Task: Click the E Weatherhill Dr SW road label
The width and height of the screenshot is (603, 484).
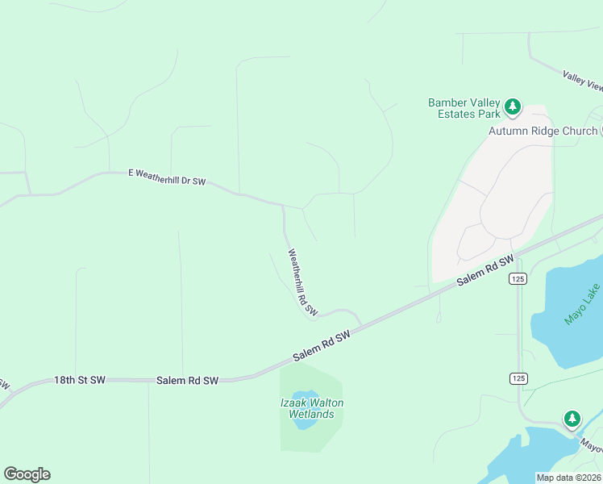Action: click(x=167, y=177)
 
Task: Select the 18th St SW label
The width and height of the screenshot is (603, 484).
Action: click(x=80, y=379)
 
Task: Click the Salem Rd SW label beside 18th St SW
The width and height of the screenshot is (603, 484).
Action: click(x=187, y=380)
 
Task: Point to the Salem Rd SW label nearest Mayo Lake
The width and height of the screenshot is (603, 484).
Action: click(x=485, y=271)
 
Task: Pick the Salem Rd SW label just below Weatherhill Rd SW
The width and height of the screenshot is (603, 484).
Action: click(x=322, y=346)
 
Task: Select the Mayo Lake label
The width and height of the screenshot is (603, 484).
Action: click(x=582, y=304)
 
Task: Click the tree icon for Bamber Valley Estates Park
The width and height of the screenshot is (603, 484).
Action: click(x=512, y=106)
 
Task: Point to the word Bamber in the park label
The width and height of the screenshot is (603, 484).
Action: click(x=447, y=102)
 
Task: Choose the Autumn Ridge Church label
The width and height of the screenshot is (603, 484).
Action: click(x=543, y=131)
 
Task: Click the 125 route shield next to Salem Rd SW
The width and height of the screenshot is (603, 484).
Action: click(x=518, y=279)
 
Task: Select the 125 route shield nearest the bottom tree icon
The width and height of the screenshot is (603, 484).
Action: click(x=518, y=378)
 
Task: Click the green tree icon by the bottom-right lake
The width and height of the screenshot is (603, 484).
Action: click(x=572, y=419)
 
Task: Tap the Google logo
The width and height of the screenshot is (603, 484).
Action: click(x=27, y=474)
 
